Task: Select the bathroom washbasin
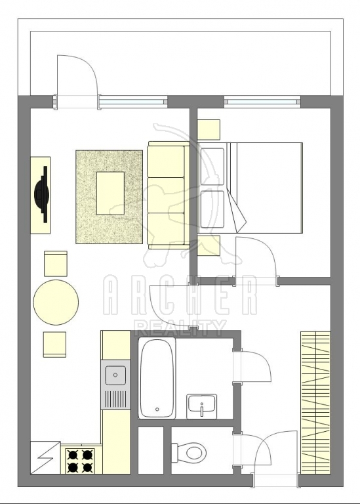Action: pyautogui.click(x=202, y=407)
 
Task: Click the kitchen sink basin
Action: pyautogui.click(x=115, y=375)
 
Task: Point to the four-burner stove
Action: pyautogui.click(x=80, y=461)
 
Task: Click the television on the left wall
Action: pyautogui.click(x=42, y=194)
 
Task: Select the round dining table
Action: pyautogui.click(x=56, y=303)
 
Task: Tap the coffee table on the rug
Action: pyautogui.click(x=110, y=193)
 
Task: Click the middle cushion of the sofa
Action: pyautogui.click(x=166, y=194)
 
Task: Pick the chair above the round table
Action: pyautogui.click(x=56, y=264)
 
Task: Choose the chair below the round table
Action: pyautogui.click(x=54, y=345)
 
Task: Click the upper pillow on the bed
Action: pyautogui.click(x=212, y=167)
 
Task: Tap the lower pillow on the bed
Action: pyautogui.click(x=212, y=209)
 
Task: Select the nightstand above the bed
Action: pyautogui.click(x=209, y=130)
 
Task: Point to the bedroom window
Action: pyautogui.click(x=262, y=102)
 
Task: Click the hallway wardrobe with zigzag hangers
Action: pyautogui.click(x=315, y=403)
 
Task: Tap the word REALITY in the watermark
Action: pyautogui.click(x=180, y=328)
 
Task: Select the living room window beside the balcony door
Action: pyautogui.click(x=133, y=102)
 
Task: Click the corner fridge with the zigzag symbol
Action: pyautogui.click(x=45, y=457)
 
